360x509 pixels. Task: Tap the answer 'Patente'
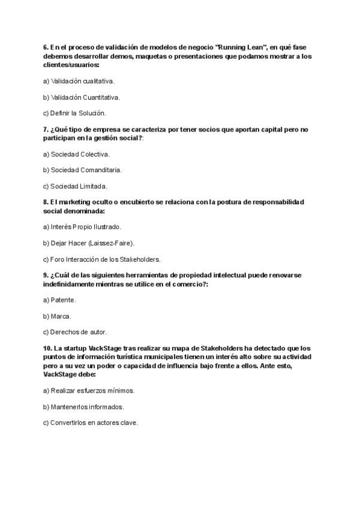point(59,300)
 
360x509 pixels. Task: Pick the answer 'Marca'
point(58,316)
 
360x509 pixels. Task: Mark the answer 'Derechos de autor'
point(75,332)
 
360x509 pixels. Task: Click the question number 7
point(46,129)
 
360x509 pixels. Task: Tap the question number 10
point(48,348)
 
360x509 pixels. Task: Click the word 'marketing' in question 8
point(75,202)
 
